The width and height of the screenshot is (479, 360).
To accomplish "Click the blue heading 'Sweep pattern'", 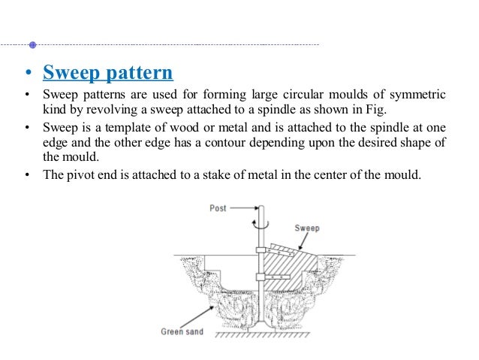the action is pos(108,74).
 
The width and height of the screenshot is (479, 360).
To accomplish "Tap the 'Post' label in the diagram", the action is pos(218,207).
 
